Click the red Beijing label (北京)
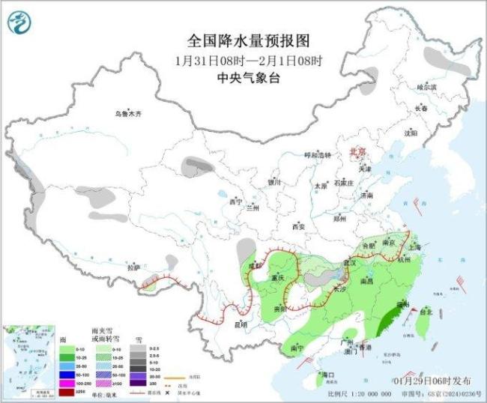(357, 152)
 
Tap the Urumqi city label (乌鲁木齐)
(128, 114)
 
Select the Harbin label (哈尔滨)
(426, 87)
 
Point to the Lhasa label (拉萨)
(133, 267)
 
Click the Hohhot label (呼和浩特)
(317, 155)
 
